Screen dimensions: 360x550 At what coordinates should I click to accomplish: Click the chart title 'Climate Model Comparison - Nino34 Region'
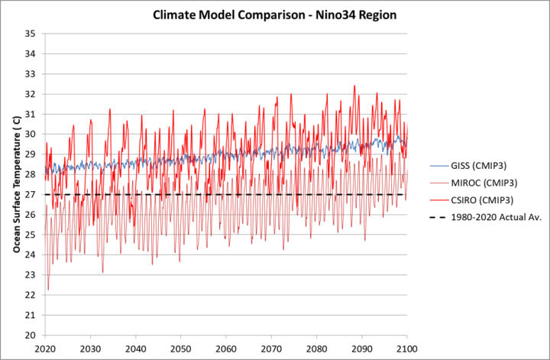tap(275, 15)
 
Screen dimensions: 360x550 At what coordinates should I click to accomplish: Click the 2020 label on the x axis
tap(45, 348)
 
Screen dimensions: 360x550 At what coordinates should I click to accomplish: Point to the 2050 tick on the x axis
tap(181, 348)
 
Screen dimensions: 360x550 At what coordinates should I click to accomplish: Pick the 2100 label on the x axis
tap(407, 348)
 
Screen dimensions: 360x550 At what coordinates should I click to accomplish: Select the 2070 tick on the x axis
tap(271, 348)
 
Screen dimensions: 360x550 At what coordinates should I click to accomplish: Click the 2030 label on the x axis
tap(90, 348)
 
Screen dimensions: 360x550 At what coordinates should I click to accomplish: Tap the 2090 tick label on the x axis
tap(362, 348)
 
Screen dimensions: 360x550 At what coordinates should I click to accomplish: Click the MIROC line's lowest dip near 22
tap(48, 290)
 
